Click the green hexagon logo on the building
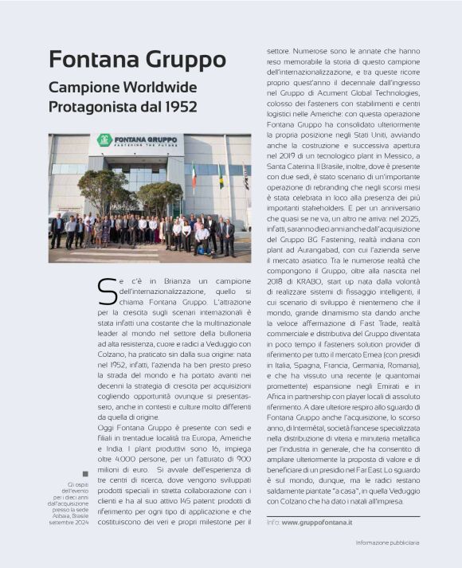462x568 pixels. tap(104, 140)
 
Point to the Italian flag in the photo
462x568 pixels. tap(194, 175)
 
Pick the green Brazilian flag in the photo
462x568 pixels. tap(220, 176)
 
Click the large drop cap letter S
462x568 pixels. tap(106, 292)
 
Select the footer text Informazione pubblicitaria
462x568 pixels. tap(387, 543)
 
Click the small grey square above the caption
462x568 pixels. tap(85, 473)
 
